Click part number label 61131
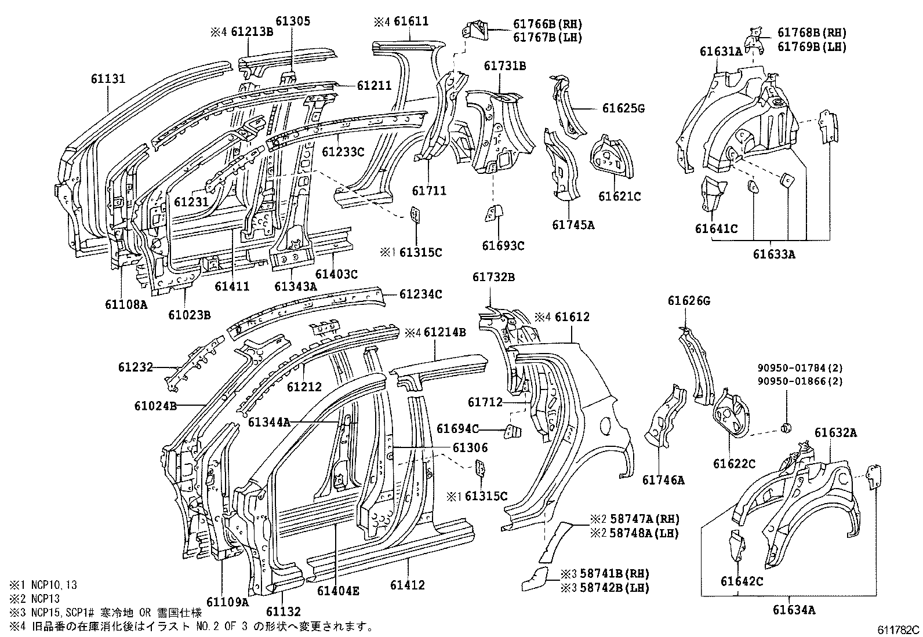[108, 78]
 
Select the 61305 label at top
[293, 21]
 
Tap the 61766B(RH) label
[547, 25]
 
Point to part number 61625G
[623, 108]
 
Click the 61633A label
[774, 253]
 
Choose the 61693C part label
[503, 246]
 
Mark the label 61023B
[189, 315]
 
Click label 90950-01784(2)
[800, 367]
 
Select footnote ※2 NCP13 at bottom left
[35, 599]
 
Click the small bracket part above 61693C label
[492, 213]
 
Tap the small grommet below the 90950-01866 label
[787, 428]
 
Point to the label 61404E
[338, 591]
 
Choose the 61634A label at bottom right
[794, 609]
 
